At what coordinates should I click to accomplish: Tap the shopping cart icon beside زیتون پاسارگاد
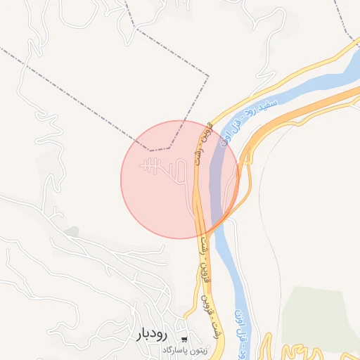tap(184, 340)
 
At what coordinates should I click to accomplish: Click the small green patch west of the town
tap(71, 231)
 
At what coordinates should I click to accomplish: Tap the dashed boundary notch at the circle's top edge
tap(160, 149)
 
